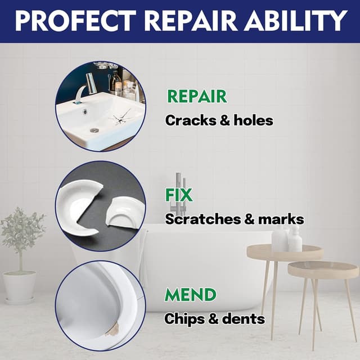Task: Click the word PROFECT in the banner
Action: tap(75, 21)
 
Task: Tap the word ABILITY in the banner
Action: tap(295, 21)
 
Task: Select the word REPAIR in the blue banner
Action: tap(191, 21)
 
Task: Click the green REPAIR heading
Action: tap(197, 96)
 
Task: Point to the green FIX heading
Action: tap(179, 195)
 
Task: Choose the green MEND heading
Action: tap(190, 294)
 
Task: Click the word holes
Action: tap(253, 120)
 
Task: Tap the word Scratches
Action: tap(202, 219)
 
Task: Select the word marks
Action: tap(281, 219)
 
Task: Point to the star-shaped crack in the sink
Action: tap(120, 118)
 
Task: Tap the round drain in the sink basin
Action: tap(94, 130)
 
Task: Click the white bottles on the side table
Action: tap(287, 238)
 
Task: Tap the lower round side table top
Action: tap(323, 269)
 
